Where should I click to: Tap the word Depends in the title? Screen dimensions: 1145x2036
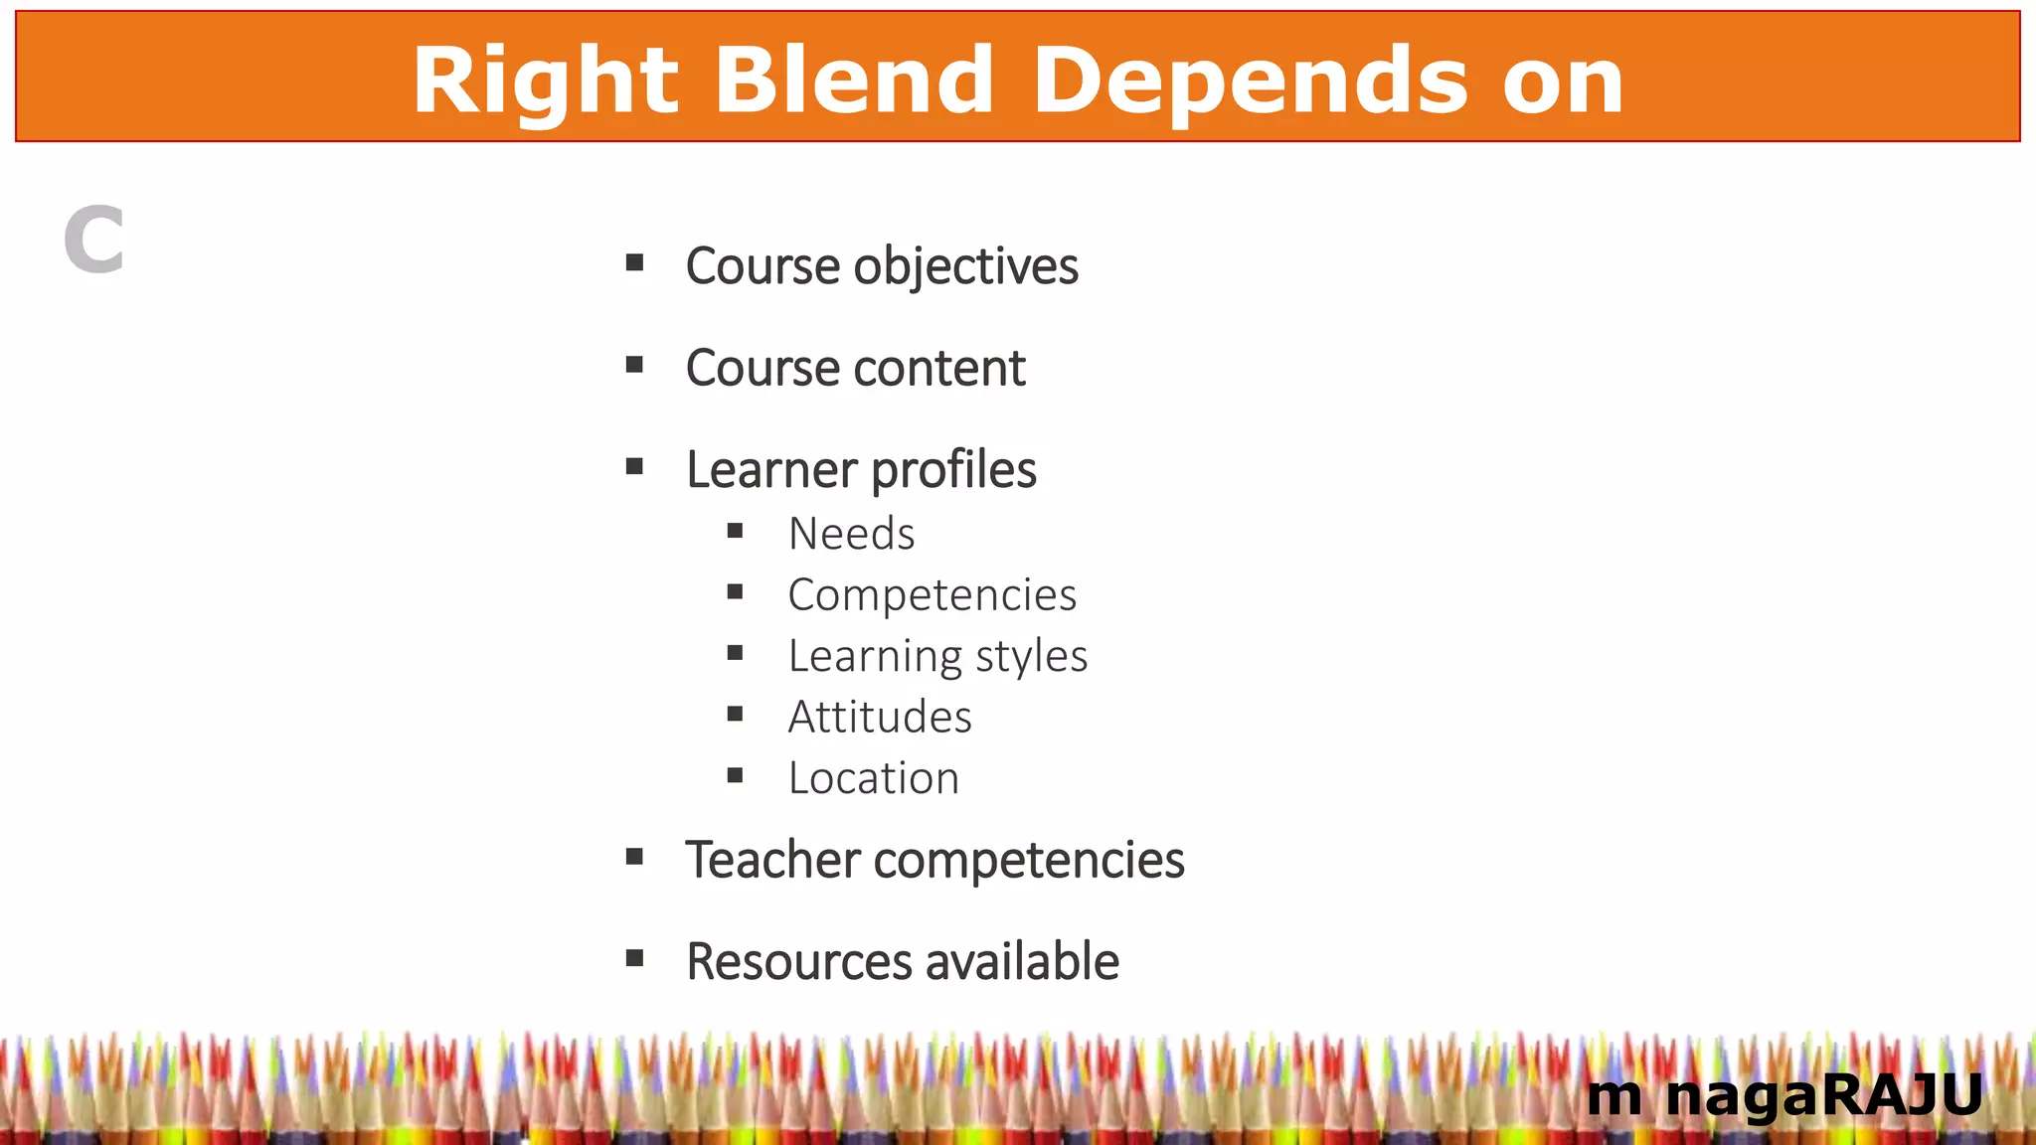1250,82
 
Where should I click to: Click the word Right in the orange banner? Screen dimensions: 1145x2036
545,82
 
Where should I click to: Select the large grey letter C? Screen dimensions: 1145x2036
94,241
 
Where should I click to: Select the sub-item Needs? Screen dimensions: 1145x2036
851,534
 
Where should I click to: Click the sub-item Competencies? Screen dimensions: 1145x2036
932,595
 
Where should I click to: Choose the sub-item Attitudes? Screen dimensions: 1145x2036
880,718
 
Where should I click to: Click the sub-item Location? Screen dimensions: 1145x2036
874,778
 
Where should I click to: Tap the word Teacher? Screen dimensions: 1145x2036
772,860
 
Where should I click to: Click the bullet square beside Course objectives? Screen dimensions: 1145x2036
634,263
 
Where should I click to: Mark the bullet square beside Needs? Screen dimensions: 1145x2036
736,531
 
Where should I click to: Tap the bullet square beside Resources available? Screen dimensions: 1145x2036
634,958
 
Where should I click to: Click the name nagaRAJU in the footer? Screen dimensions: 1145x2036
1823,1096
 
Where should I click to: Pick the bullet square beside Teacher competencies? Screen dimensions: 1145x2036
634,856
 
